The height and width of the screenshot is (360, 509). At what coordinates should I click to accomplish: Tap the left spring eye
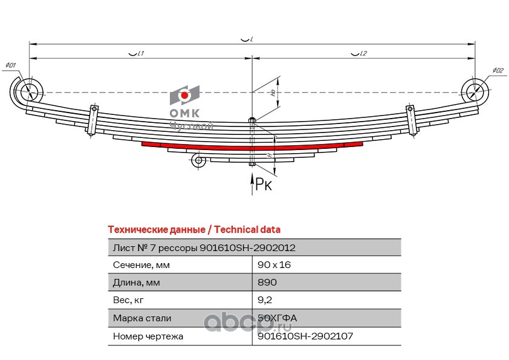(x=28, y=92)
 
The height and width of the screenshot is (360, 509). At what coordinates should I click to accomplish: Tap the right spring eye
(x=475, y=92)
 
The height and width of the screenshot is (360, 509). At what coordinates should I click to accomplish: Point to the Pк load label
(x=264, y=184)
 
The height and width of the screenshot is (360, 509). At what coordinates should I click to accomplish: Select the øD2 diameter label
(x=498, y=71)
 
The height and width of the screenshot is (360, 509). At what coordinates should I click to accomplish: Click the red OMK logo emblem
(x=184, y=96)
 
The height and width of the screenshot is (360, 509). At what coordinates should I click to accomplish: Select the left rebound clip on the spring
(x=94, y=120)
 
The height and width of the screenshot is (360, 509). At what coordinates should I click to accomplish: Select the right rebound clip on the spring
(x=412, y=120)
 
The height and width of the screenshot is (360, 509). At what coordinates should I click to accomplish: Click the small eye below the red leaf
(x=197, y=160)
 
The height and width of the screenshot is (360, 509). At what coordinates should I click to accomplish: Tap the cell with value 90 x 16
(x=270, y=265)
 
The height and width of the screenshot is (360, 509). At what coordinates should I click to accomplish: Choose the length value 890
(x=267, y=283)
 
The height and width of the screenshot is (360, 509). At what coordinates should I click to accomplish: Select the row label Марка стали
(x=141, y=318)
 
